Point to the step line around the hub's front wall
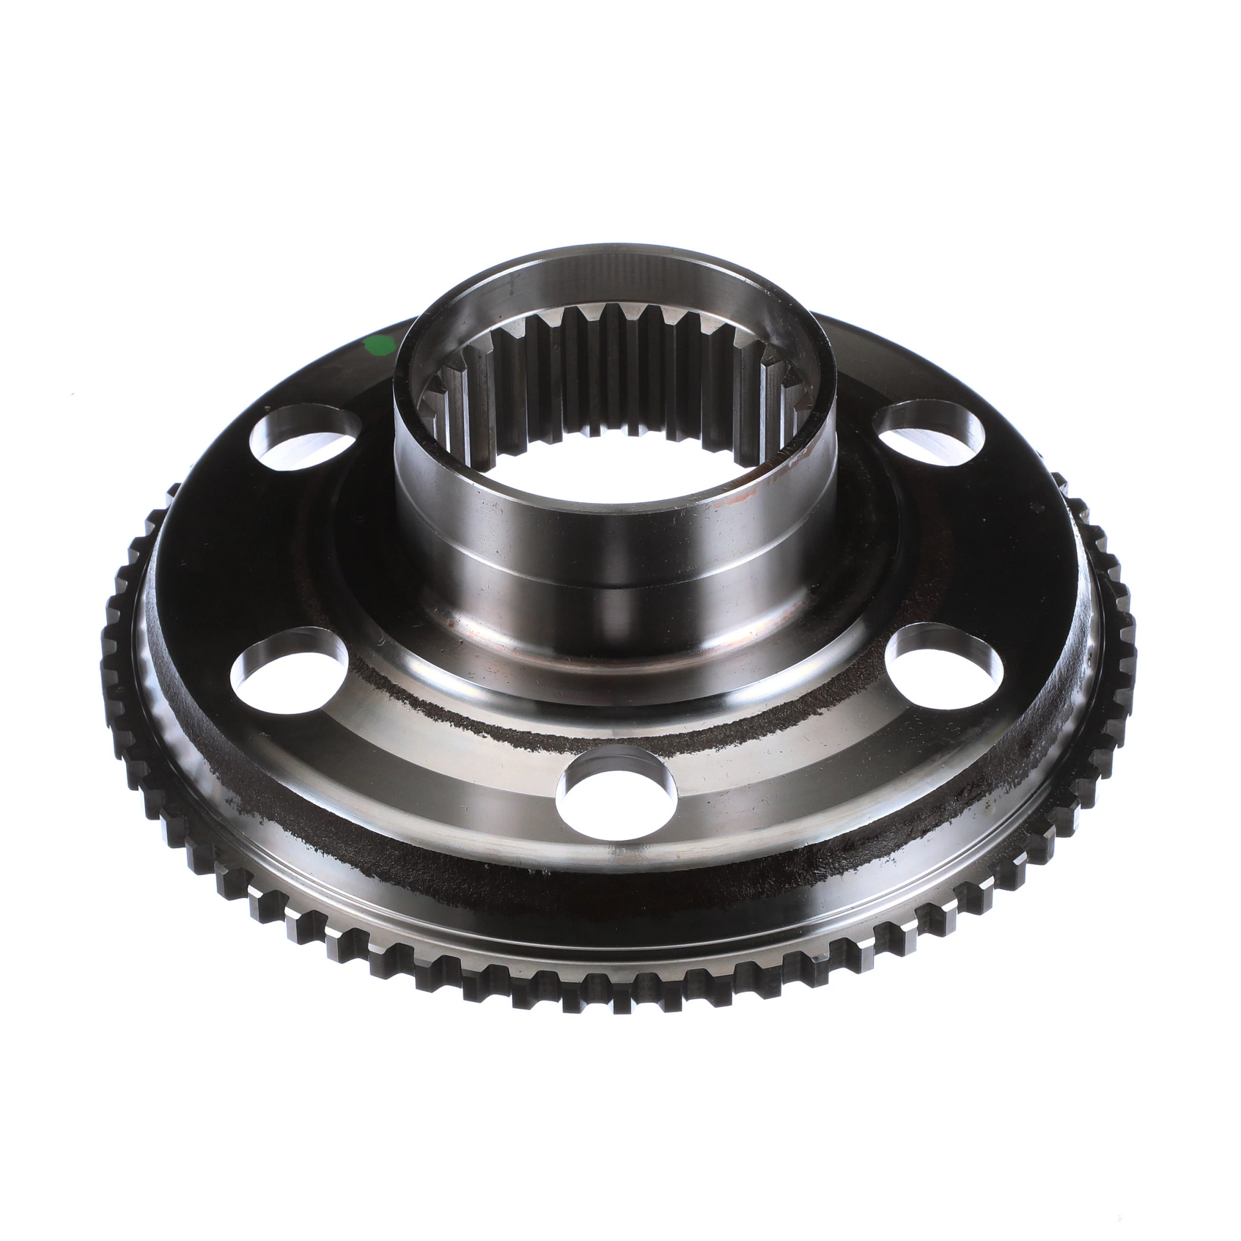click(x=617, y=586)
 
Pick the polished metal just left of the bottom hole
click(x=488, y=796)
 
